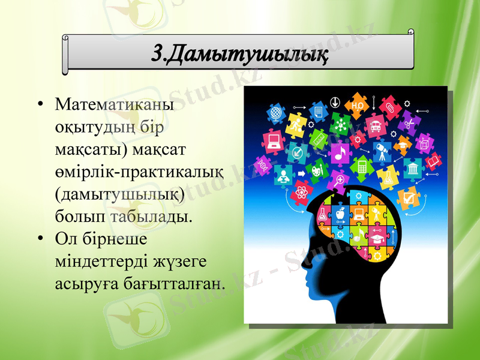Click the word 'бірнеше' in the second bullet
[x=112, y=238]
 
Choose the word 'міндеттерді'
[x=92, y=260]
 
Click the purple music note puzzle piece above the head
[x=340, y=153]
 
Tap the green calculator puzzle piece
[x=362, y=165]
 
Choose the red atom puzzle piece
[x=301, y=193]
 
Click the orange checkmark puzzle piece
[x=409, y=196]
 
